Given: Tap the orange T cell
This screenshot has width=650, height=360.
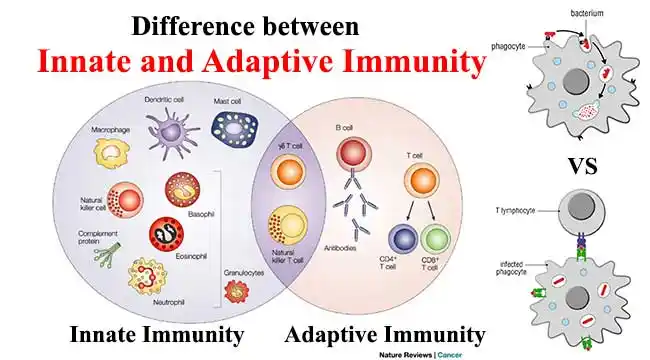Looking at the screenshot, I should pos(421,182).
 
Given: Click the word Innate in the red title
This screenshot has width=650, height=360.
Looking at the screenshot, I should pos(88,62).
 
